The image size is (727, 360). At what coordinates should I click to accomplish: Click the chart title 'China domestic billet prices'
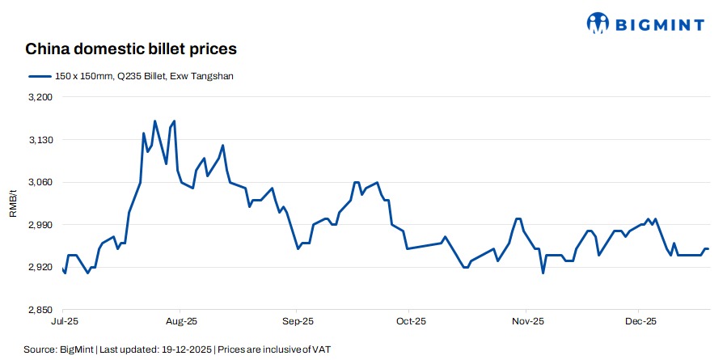(131, 49)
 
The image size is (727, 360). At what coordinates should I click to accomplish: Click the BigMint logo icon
(598, 23)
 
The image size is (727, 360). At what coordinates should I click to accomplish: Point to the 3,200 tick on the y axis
(40, 97)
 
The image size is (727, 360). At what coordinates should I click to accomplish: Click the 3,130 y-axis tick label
(40, 140)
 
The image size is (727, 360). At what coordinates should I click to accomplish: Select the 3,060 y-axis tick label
(40, 182)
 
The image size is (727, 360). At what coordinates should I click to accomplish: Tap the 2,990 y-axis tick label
(40, 225)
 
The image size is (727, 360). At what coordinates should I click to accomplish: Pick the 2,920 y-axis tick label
(40, 267)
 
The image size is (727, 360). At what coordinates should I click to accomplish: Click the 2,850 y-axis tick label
(40, 310)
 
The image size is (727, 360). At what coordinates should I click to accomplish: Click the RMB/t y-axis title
(13, 203)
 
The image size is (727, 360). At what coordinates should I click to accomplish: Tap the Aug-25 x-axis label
(181, 322)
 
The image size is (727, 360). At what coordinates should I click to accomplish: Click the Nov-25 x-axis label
(526, 322)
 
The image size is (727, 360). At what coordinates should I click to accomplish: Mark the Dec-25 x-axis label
(639, 322)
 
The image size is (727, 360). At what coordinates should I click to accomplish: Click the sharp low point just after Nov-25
(543, 273)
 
